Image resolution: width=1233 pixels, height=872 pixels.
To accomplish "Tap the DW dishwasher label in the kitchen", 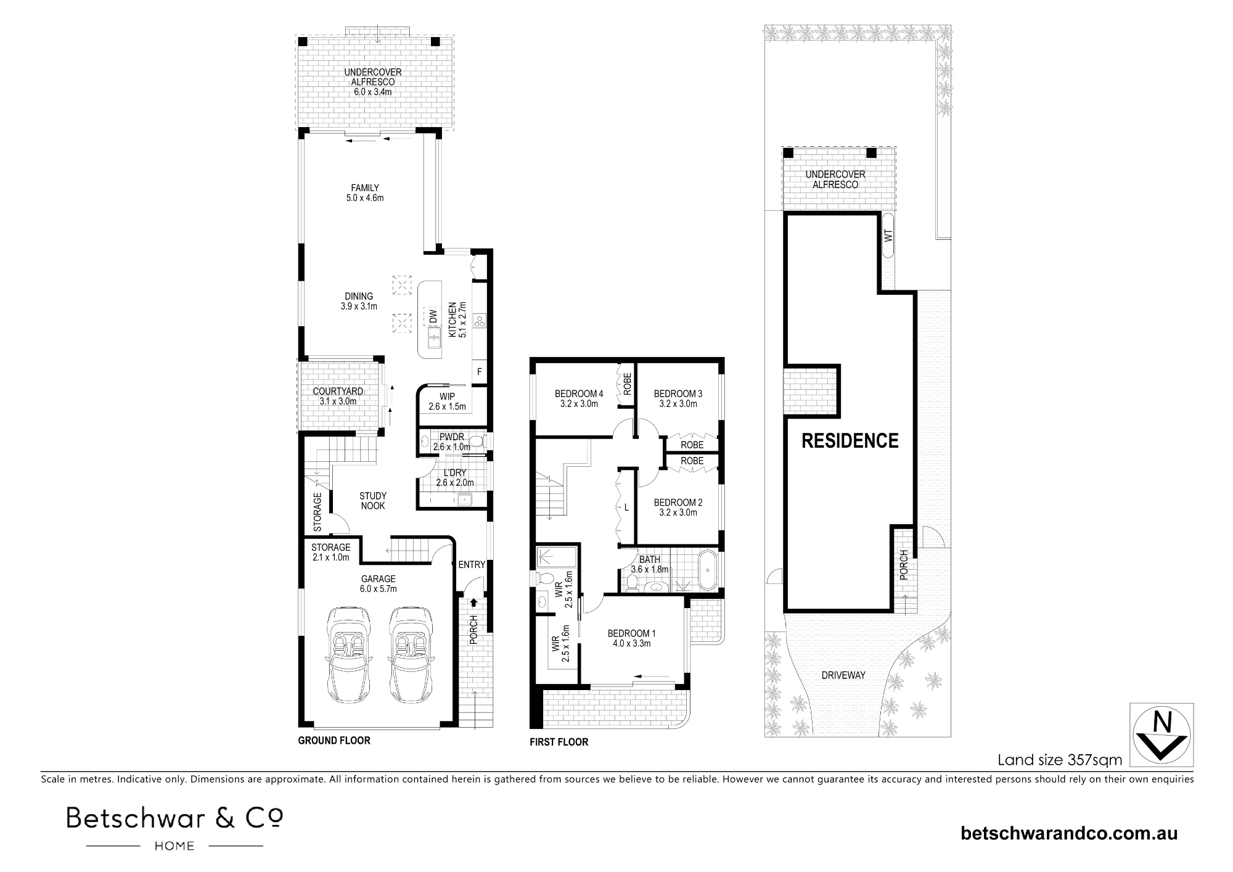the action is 433,317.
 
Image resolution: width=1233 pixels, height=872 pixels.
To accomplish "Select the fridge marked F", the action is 479,372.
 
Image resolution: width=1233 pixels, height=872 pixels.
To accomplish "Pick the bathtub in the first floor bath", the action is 707,570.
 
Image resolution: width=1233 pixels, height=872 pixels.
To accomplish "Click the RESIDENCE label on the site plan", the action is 850,440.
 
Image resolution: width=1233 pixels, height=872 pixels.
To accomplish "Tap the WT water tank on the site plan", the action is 888,235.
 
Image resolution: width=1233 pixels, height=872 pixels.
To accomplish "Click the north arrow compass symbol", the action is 1161,734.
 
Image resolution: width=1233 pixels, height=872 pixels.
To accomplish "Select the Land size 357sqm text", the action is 1060,760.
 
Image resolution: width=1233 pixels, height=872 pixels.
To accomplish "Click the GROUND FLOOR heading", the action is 334,740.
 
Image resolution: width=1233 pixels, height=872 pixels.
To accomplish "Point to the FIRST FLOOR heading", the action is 559,742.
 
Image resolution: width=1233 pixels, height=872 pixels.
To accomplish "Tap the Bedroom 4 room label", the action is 579,399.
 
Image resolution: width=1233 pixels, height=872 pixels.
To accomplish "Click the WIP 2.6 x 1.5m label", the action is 447,401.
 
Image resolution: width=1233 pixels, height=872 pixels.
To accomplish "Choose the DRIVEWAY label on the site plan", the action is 843,675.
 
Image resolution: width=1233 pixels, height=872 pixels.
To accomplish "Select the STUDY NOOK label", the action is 373,501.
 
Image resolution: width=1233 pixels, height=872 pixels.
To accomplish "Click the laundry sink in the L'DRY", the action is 464,500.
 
